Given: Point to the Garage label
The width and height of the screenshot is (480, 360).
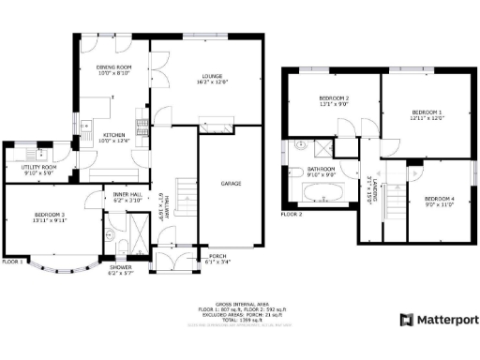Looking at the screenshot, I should pyautogui.click(x=231, y=184).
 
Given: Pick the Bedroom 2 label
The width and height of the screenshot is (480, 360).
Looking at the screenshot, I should pyautogui.click(x=334, y=101).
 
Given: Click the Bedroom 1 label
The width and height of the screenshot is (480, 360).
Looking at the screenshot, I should pyautogui.click(x=426, y=114).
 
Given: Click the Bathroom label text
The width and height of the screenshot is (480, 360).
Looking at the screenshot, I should pyautogui.click(x=322, y=172).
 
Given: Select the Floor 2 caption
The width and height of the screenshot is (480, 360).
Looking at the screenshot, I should pyautogui.click(x=293, y=215).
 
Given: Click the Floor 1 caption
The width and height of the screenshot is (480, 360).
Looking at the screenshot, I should pyautogui.click(x=12, y=261).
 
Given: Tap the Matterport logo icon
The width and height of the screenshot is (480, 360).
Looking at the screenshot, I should pyautogui.click(x=405, y=320).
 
